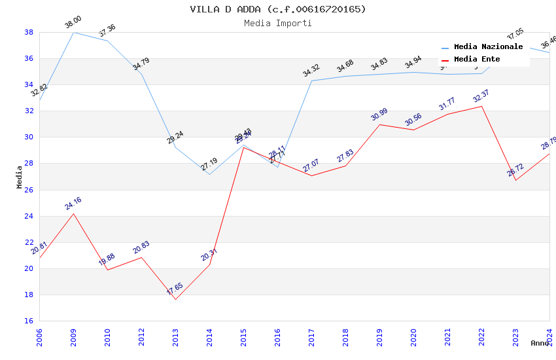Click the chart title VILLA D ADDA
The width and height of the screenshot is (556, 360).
pyautogui.click(x=278, y=9)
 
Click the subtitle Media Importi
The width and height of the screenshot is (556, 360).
pyautogui.click(x=278, y=23)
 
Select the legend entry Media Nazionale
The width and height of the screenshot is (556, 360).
pyautogui.click(x=488, y=47)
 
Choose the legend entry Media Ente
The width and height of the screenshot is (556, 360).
pyautogui.click(x=477, y=59)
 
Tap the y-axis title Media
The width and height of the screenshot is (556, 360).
pyautogui.click(x=20, y=177)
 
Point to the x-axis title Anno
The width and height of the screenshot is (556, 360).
pyautogui.click(x=540, y=343)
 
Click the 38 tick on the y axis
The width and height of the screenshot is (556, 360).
pyautogui.click(x=29, y=32)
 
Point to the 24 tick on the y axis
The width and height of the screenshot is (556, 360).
pyautogui.click(x=29, y=216)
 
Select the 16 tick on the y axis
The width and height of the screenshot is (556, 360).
pyautogui.click(x=29, y=321)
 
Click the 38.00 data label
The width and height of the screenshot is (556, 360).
pyautogui.click(x=73, y=24)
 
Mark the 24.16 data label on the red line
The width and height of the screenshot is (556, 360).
pyautogui.click(x=73, y=204)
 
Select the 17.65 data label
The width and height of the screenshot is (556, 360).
pyautogui.click(x=175, y=289)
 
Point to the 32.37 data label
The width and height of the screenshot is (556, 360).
pyautogui.click(x=481, y=96)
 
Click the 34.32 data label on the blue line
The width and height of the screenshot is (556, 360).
pyautogui.click(x=311, y=71)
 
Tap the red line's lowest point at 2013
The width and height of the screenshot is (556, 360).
pyautogui.click(x=175, y=299)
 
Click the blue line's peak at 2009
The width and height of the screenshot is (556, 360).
pyautogui.click(x=73, y=32)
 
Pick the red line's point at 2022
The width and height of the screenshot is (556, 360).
pyautogui.click(x=481, y=106)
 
